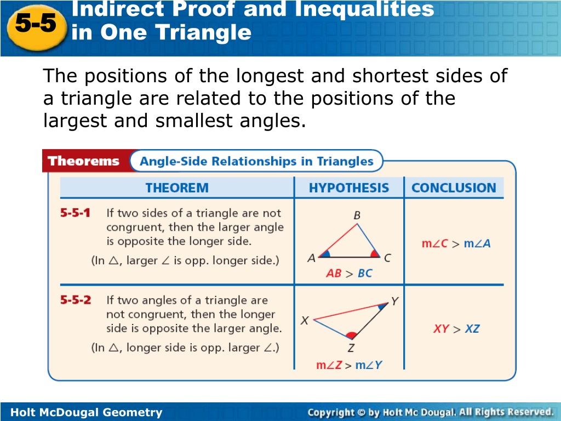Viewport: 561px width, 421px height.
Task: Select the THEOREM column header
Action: tap(177, 187)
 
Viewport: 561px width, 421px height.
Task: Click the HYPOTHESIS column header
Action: tap(349, 187)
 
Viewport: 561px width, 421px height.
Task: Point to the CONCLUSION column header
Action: tap(454, 187)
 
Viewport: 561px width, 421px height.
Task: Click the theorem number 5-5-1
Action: tap(75, 213)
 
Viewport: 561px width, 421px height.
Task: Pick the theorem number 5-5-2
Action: tap(76, 300)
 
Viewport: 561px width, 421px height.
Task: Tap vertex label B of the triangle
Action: tap(357, 215)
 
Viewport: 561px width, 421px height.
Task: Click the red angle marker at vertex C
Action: tap(375, 253)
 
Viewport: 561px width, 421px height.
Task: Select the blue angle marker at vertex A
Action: tap(325, 254)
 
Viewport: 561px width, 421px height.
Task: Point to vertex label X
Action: tap(305, 320)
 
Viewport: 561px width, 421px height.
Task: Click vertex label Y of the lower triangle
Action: tap(394, 301)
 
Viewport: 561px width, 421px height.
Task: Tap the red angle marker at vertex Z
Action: tap(351, 335)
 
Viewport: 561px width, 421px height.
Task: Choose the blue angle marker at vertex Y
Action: tap(383, 306)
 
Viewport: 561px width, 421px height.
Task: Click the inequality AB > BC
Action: tap(349, 274)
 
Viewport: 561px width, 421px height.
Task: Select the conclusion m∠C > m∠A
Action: tap(456, 243)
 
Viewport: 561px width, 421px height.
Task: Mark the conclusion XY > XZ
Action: tap(456, 329)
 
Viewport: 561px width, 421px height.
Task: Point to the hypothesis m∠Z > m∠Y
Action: tap(349, 365)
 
